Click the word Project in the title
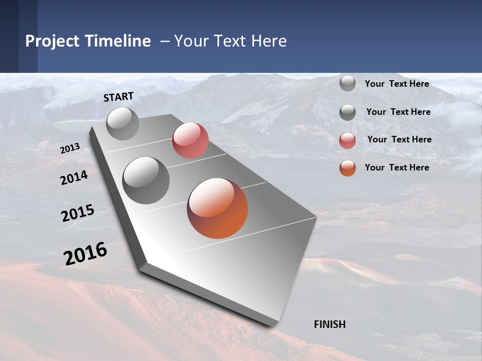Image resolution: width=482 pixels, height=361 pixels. [x=53, y=41]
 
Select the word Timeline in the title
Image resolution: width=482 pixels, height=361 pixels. [x=117, y=41]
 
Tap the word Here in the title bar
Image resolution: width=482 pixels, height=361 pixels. [x=269, y=41]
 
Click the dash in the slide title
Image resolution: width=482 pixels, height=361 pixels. [x=165, y=41]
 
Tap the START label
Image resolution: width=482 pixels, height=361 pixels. [x=118, y=97]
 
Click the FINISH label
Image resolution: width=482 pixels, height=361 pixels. [x=329, y=324]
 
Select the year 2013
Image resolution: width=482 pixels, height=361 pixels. [x=70, y=148]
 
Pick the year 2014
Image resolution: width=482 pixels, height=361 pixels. [x=74, y=177]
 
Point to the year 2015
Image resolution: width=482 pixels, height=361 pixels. [x=78, y=213]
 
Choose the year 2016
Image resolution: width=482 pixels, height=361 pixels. [x=85, y=254]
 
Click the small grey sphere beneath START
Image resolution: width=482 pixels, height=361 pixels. [x=123, y=123]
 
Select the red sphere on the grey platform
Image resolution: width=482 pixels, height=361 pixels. [x=190, y=140]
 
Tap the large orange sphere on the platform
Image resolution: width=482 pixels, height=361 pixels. [x=217, y=208]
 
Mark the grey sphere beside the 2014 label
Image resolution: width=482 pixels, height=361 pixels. [x=146, y=180]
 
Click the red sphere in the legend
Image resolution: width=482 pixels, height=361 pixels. [x=347, y=140]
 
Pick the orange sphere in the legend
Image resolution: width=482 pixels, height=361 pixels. [x=347, y=168]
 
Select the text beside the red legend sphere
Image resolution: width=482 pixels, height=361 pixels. [x=399, y=139]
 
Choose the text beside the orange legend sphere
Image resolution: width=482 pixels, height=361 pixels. [x=397, y=167]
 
